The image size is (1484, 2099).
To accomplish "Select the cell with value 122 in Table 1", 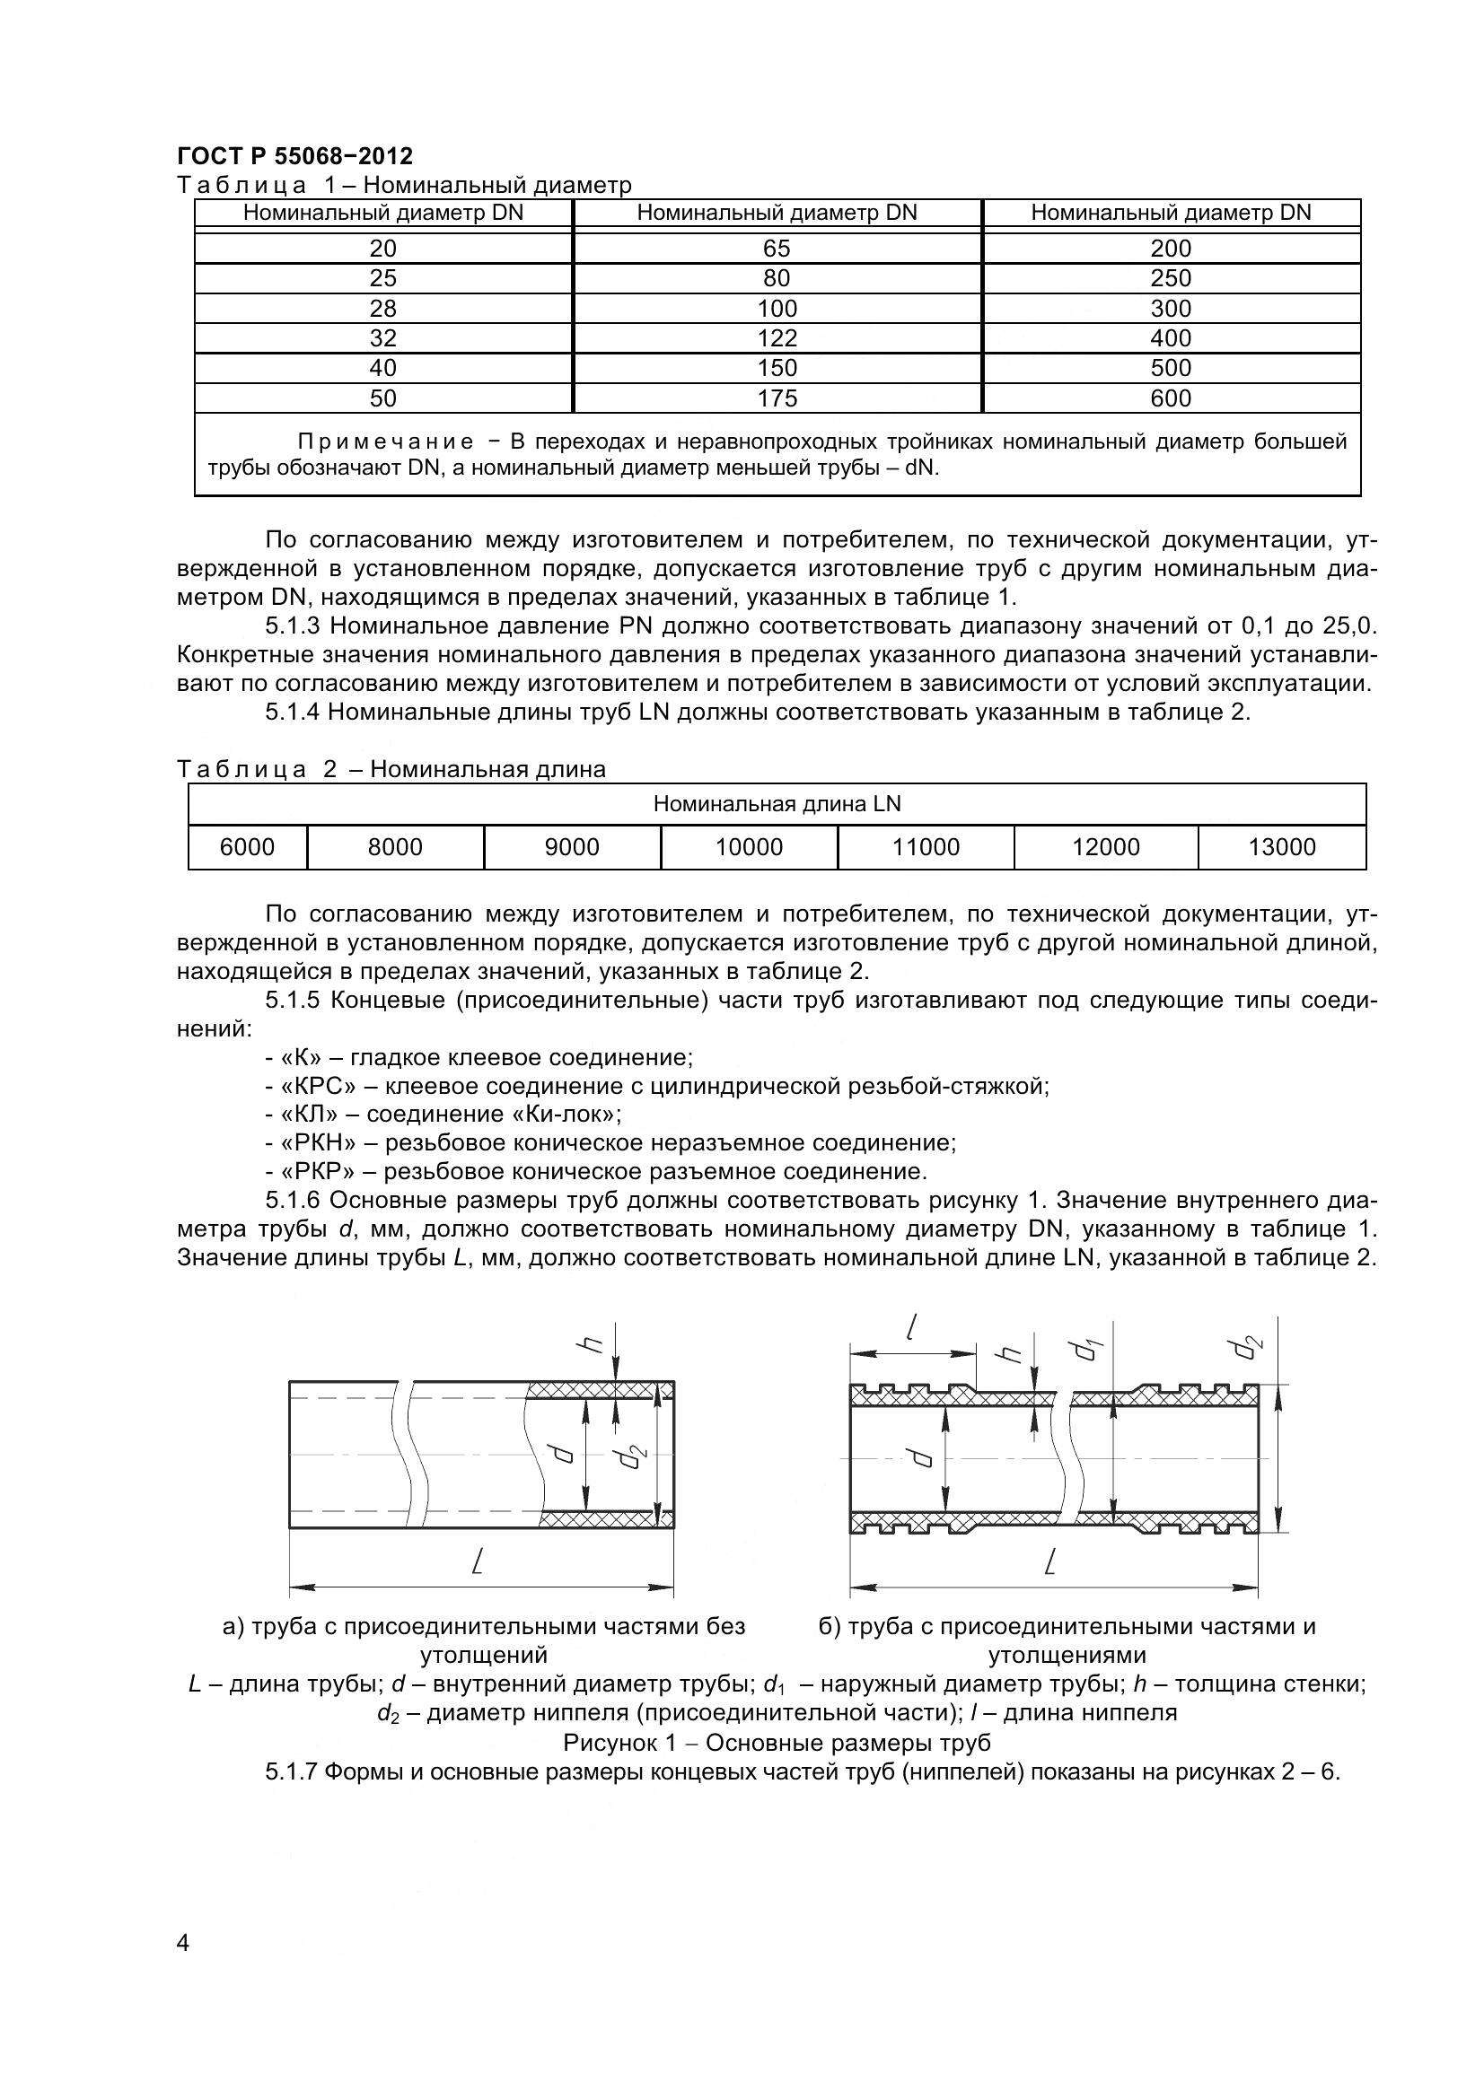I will pos(777,338).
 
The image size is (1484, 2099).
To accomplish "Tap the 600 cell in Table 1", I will pos(1171,398).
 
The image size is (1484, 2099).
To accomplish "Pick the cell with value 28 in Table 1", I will pos(382,308).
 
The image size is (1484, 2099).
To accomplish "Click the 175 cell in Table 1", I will pos(777,398).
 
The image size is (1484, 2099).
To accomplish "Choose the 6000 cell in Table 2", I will pos(247,847).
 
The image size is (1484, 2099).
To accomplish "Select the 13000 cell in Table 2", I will pos(1281,847).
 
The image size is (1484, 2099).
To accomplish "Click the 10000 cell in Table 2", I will pos(748,847).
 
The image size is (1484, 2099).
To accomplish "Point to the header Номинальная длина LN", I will pos(777,804).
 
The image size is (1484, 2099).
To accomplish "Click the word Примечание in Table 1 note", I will pos(385,442).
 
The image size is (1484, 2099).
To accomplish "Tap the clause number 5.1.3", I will pos(294,626).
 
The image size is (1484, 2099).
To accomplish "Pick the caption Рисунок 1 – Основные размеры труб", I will pos(777,1742).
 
